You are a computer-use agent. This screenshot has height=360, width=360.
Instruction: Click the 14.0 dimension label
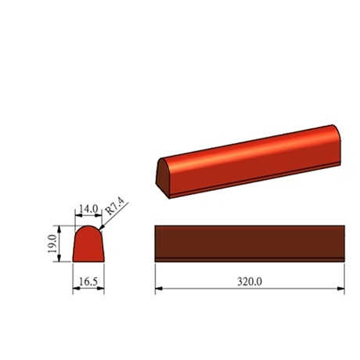88,209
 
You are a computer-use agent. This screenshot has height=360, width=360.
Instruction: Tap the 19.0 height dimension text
52,243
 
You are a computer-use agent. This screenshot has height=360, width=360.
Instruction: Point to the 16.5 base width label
88,282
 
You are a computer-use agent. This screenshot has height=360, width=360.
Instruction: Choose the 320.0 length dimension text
250,282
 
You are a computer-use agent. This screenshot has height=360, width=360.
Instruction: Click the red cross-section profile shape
88,244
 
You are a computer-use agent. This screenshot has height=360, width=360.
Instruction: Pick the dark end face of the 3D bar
163,178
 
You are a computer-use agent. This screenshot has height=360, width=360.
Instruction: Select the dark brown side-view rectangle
250,243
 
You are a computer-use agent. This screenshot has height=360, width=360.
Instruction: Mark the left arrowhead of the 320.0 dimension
159,289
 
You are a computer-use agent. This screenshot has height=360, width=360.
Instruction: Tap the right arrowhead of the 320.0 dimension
340,289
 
